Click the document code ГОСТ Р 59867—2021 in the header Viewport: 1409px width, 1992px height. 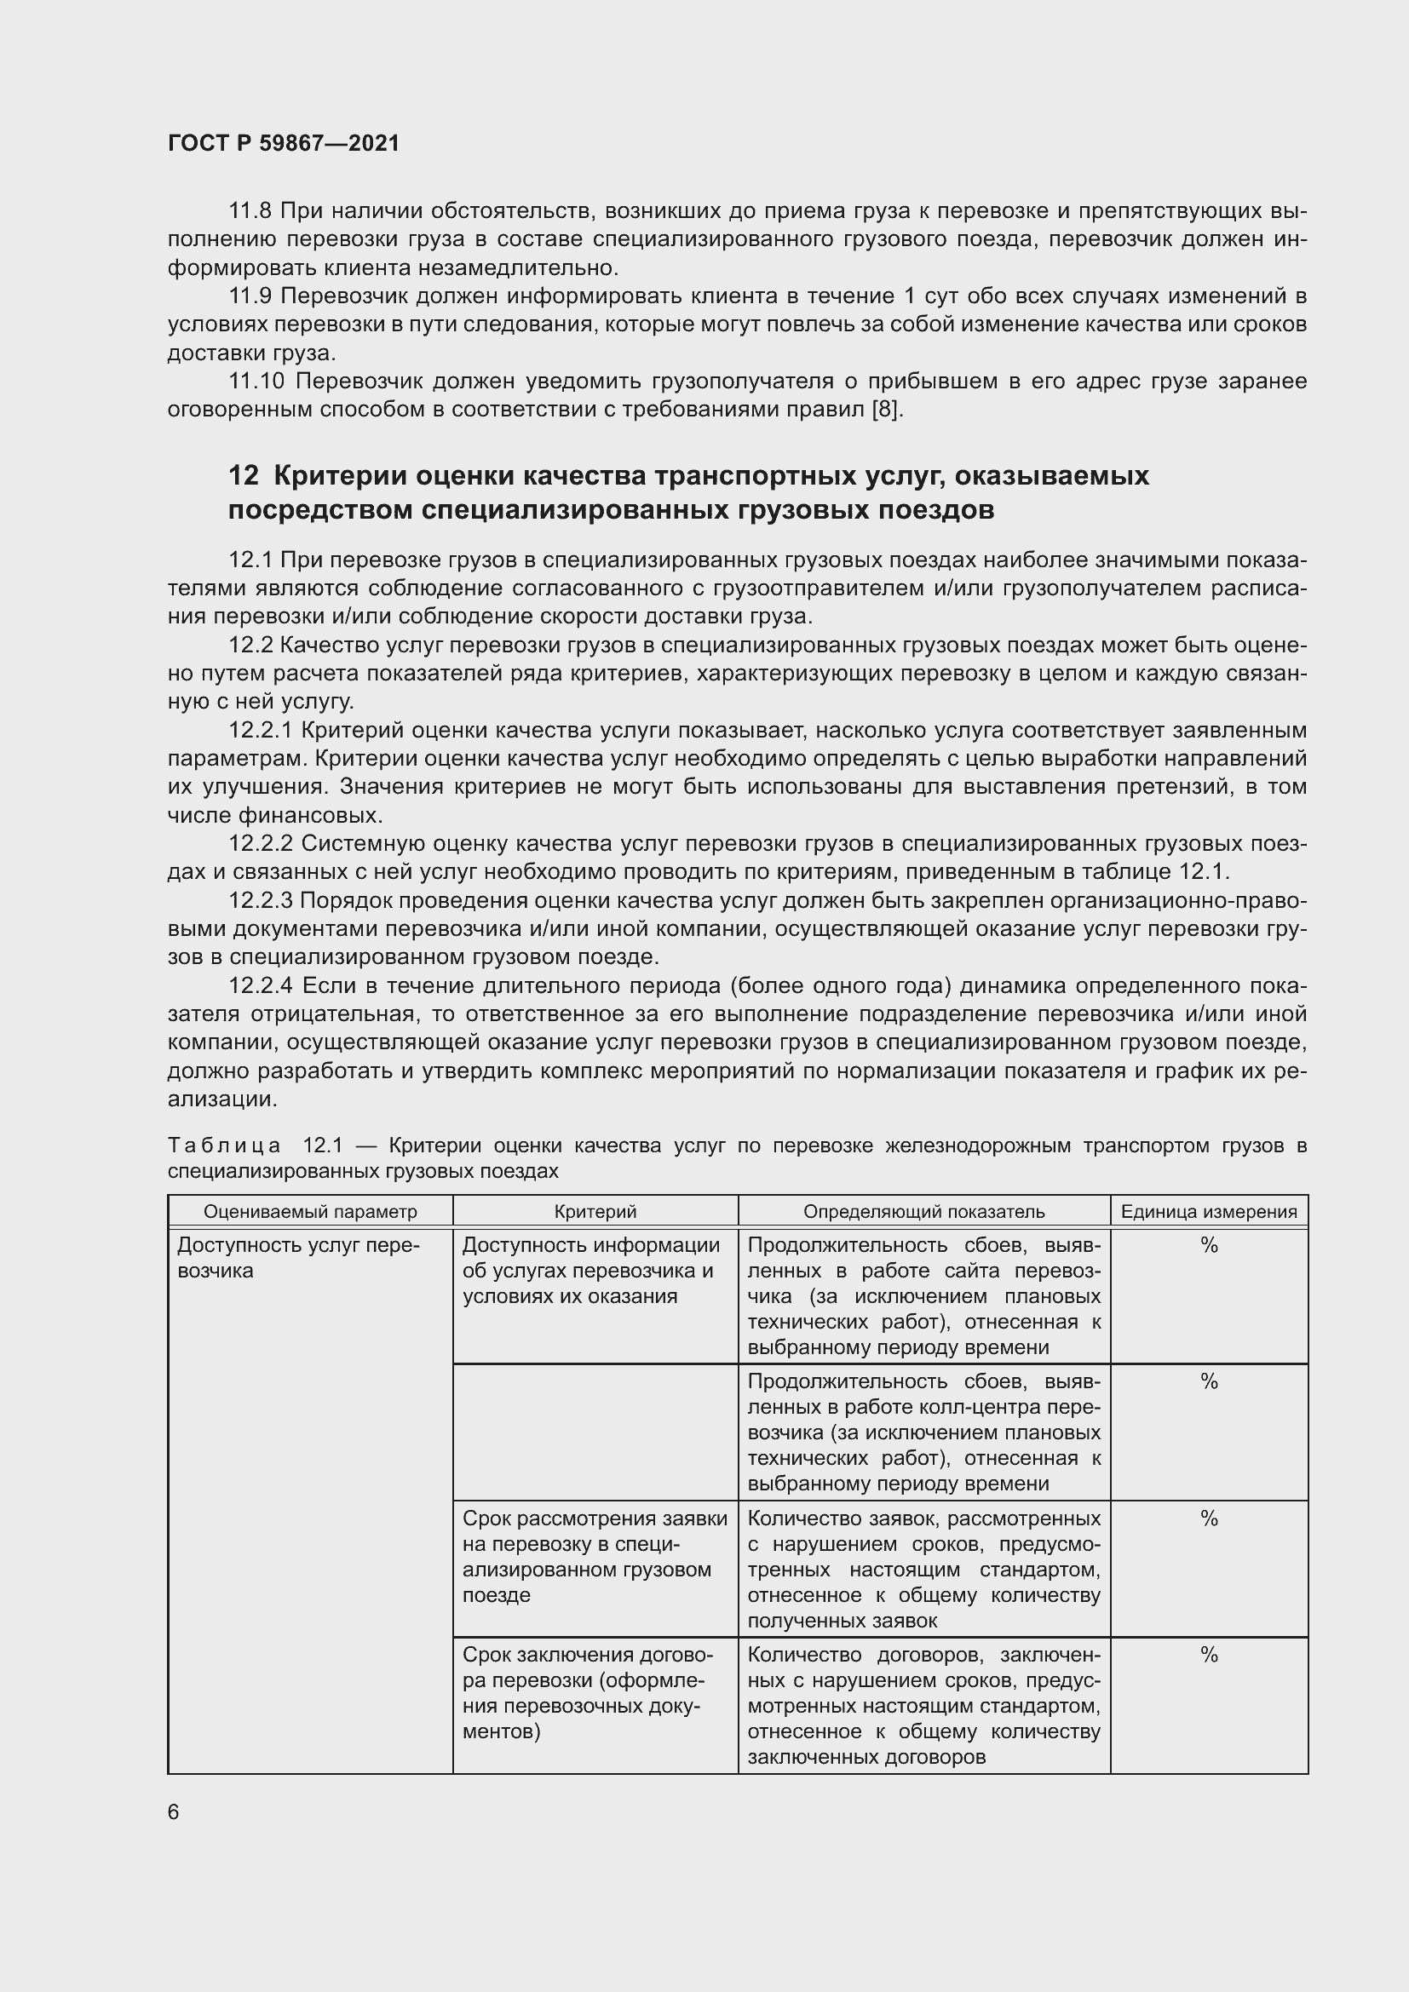[x=284, y=143]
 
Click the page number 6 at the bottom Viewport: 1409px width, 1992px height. [x=174, y=1811]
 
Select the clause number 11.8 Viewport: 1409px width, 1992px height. [x=250, y=211]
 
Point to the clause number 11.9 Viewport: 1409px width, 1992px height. [x=250, y=296]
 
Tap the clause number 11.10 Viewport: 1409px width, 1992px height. [x=256, y=382]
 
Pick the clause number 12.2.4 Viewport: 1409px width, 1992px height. [x=262, y=986]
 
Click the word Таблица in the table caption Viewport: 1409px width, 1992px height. [x=224, y=1146]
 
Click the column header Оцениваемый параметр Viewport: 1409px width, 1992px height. [x=310, y=1212]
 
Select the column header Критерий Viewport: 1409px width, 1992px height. [x=595, y=1212]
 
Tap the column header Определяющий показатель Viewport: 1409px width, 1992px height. [x=923, y=1212]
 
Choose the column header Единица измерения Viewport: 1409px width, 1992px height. [x=1209, y=1212]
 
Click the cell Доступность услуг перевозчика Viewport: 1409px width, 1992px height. [x=298, y=1258]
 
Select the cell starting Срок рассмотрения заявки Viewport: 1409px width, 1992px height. [x=595, y=1557]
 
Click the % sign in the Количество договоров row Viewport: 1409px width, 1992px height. [x=1209, y=1656]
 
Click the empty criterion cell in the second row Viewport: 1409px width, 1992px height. [x=595, y=1432]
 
